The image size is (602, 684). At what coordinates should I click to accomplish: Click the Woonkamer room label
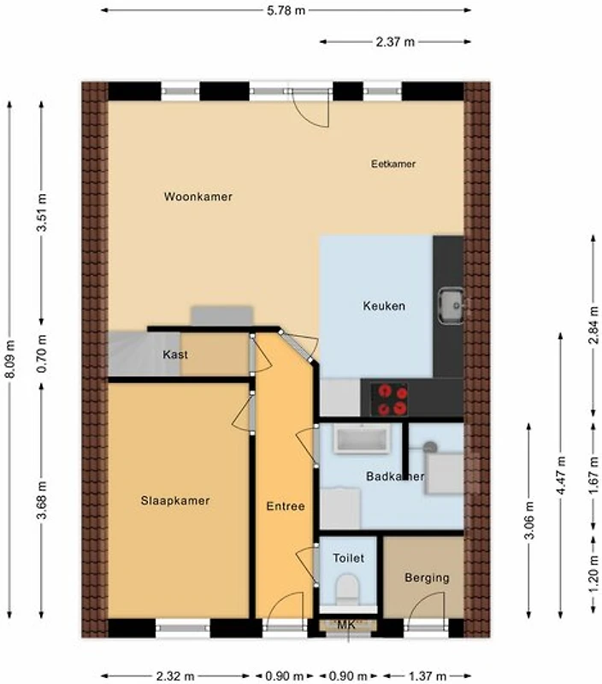pyautogui.click(x=198, y=197)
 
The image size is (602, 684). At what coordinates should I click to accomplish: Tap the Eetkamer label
pyautogui.click(x=393, y=164)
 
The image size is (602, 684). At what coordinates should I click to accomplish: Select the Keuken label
pyautogui.click(x=384, y=306)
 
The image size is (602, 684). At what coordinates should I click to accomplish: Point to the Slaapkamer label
pyautogui.click(x=175, y=501)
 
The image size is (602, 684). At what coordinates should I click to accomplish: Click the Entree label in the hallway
pyautogui.click(x=286, y=506)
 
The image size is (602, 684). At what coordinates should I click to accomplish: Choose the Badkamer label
pyautogui.click(x=395, y=476)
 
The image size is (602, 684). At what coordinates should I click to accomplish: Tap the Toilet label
pyautogui.click(x=348, y=558)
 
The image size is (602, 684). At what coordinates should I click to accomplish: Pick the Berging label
pyautogui.click(x=427, y=578)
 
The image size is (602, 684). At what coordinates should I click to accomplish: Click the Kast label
pyautogui.click(x=175, y=354)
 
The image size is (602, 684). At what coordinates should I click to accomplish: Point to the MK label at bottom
pyautogui.click(x=347, y=625)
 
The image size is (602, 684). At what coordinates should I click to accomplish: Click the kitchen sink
pyautogui.click(x=451, y=306)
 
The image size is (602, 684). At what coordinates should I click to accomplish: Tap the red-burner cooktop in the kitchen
pyautogui.click(x=389, y=399)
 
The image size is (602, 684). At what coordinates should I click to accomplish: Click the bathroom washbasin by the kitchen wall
pyautogui.click(x=362, y=439)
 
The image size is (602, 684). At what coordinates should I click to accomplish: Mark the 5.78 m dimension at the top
pyautogui.click(x=286, y=10)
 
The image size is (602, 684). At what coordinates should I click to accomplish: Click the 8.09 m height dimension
pyautogui.click(x=10, y=359)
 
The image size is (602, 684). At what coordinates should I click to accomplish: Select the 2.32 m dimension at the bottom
pyautogui.click(x=175, y=676)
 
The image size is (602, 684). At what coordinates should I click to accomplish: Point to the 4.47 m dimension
pyautogui.click(x=561, y=475)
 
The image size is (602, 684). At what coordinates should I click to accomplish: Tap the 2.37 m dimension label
pyautogui.click(x=395, y=42)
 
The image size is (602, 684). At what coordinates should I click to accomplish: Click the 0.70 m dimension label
pyautogui.click(x=42, y=354)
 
